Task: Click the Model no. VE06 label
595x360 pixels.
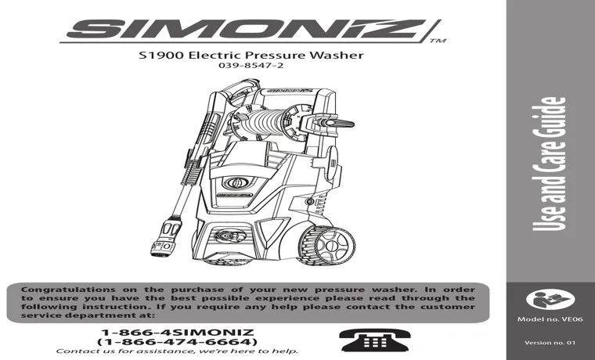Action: point(550,320)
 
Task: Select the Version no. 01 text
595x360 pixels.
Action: point(550,344)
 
